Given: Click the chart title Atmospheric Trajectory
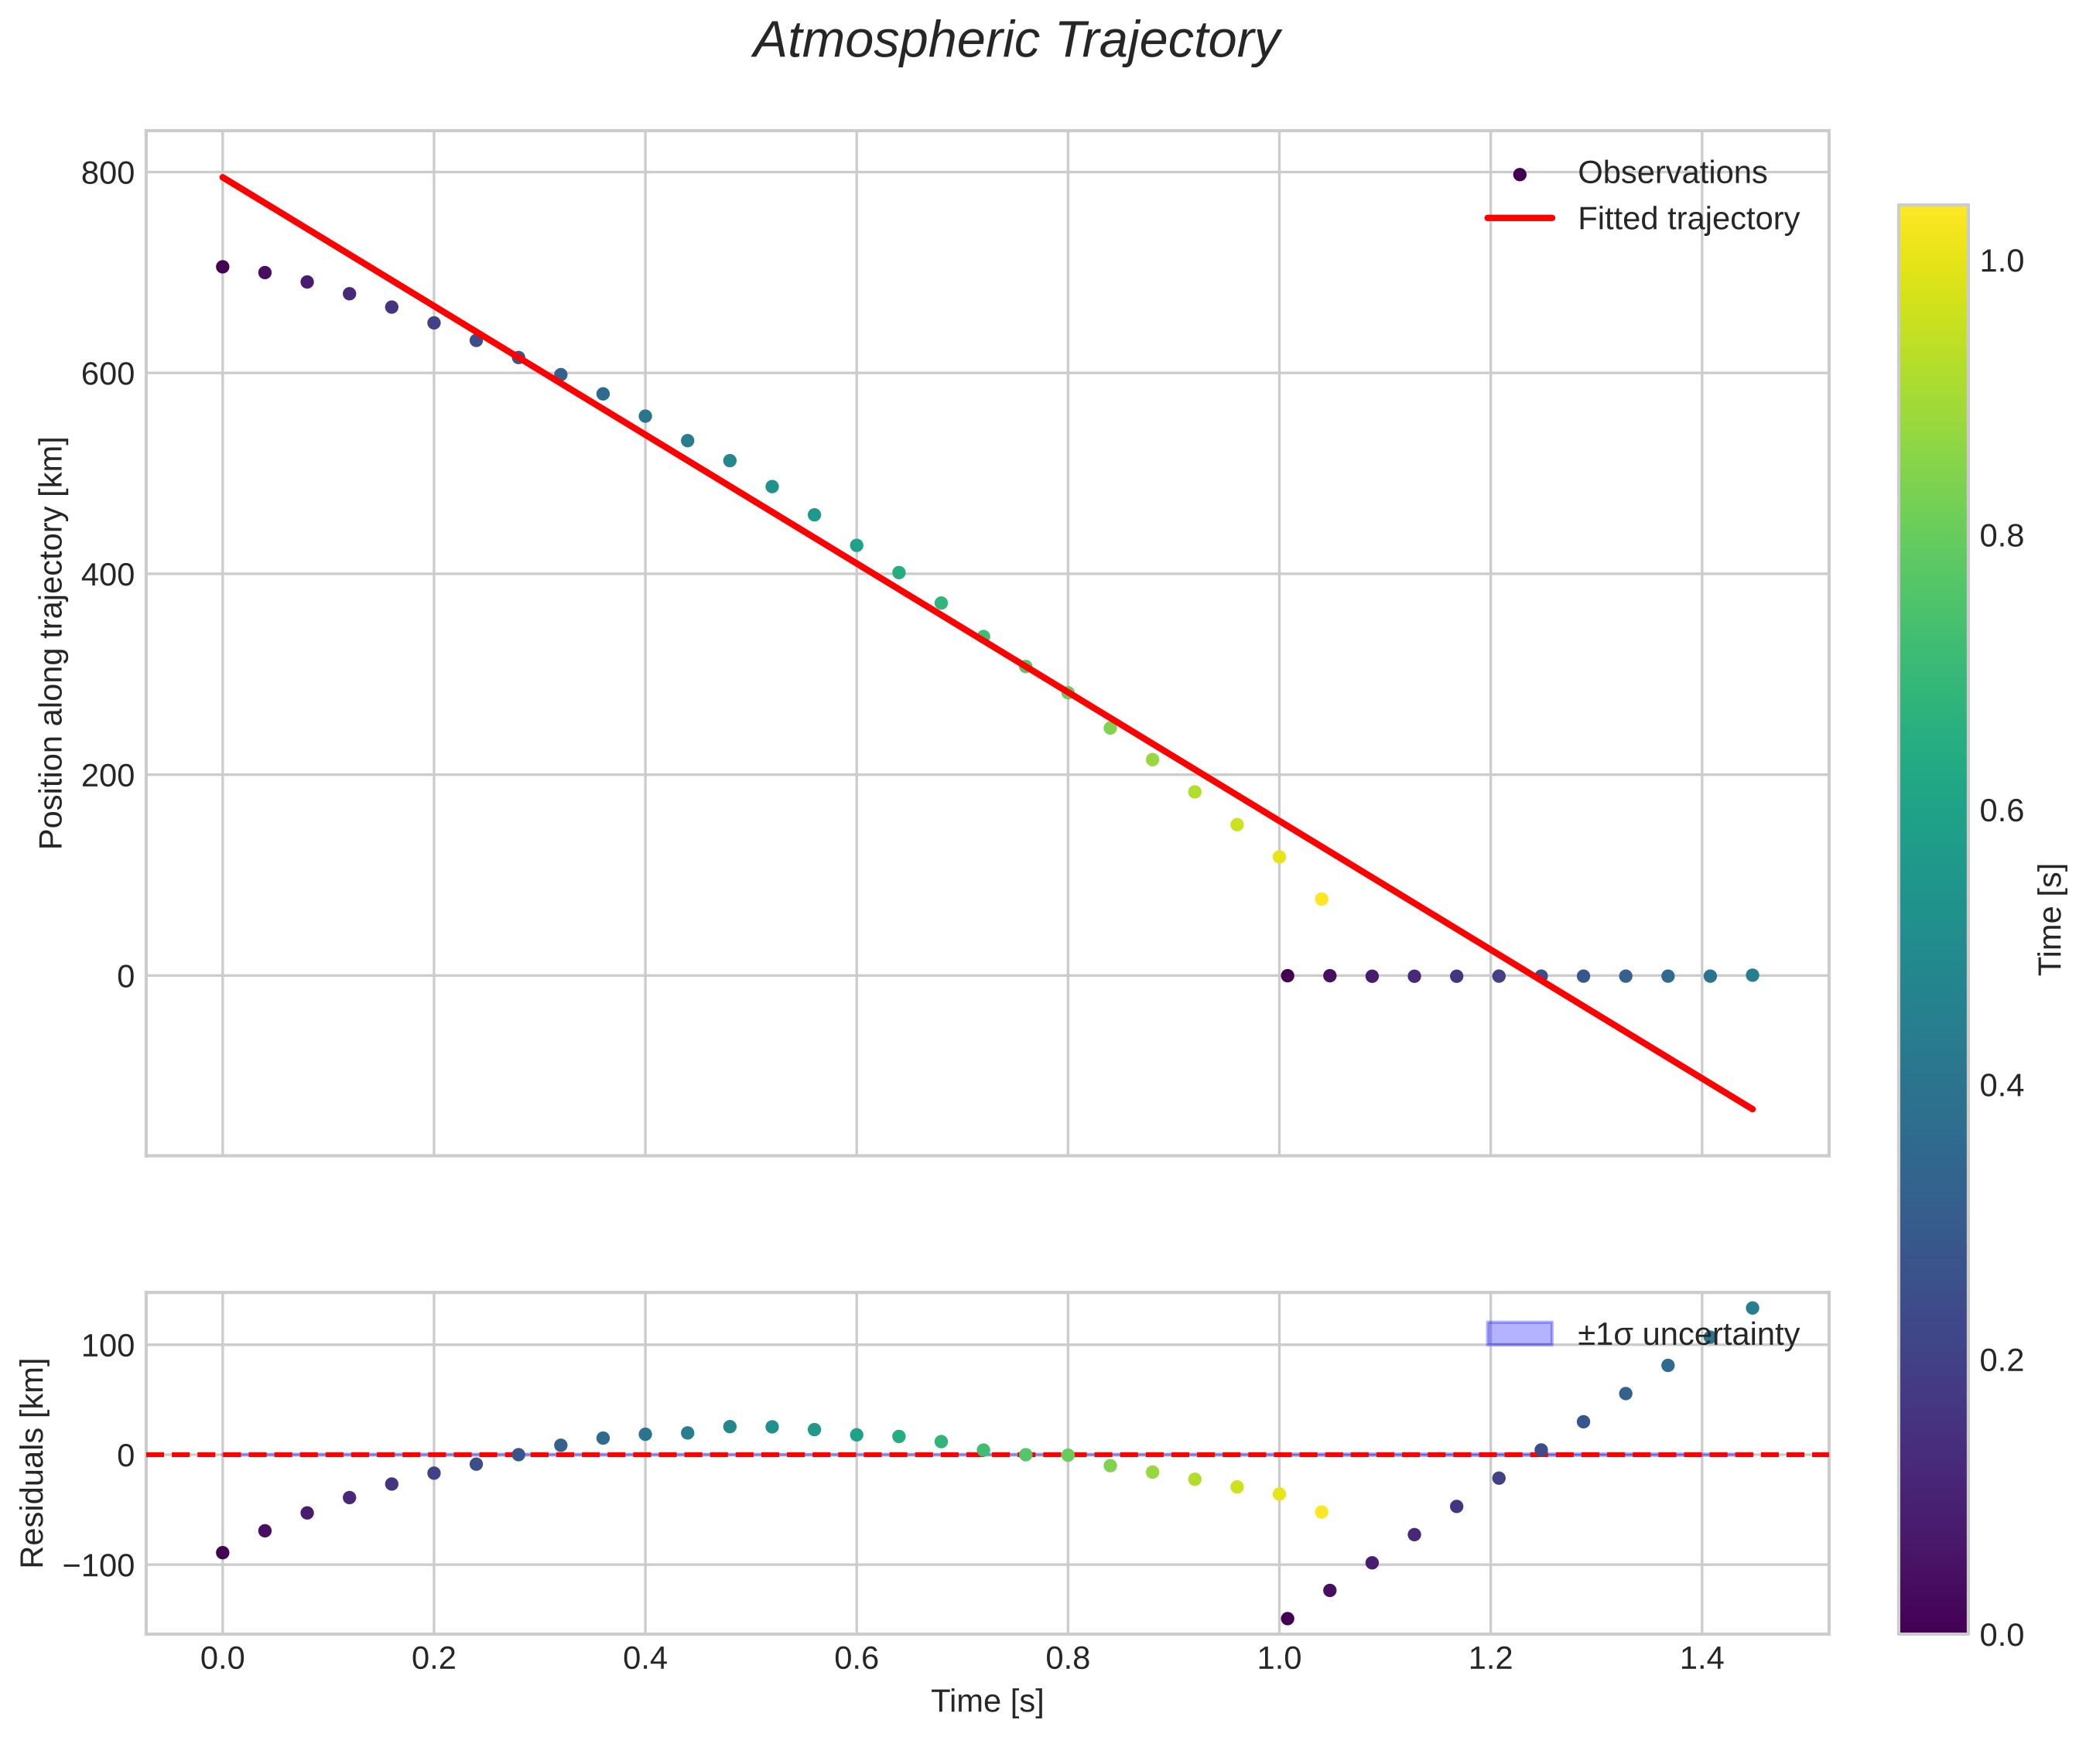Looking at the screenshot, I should pyautogui.click(x=1016, y=42).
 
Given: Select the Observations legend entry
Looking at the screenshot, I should pyautogui.click(x=1672, y=172).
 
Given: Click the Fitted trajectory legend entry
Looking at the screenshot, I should pyautogui.click(x=1688, y=219).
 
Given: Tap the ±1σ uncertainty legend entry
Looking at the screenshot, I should pyautogui.click(x=1688, y=1334).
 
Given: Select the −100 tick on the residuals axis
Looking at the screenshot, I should pyautogui.click(x=98, y=1565).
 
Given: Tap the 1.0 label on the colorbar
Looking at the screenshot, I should pyautogui.click(x=2002, y=261).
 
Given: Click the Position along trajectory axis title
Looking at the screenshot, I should pyautogui.click(x=52, y=643).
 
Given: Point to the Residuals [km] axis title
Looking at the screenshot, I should pyautogui.click(x=32, y=1463).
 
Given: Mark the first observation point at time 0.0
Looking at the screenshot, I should pyautogui.click(x=223, y=267).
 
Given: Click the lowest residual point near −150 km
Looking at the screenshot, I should pyautogui.click(x=1288, y=1619).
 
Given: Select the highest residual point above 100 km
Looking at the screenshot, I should pyautogui.click(x=1753, y=1308).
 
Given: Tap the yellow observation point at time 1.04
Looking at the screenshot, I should pyautogui.click(x=1321, y=899).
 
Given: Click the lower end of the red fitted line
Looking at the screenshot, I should pyautogui.click(x=1753, y=1108).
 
